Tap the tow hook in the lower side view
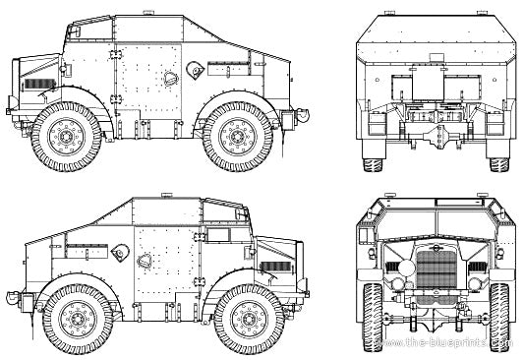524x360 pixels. point(10,295)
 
